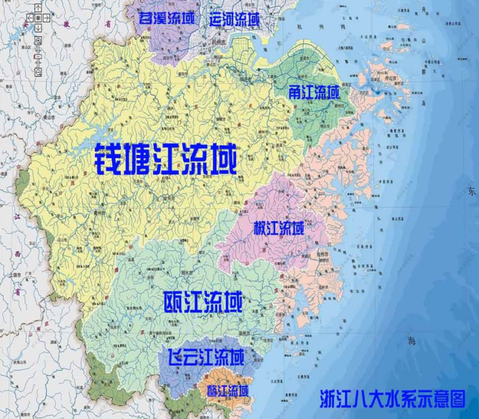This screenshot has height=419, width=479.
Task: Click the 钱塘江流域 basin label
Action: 166,159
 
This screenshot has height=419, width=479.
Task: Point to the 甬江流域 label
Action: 314,93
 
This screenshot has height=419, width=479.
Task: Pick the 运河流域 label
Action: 234,19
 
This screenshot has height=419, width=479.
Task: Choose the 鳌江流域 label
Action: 227,391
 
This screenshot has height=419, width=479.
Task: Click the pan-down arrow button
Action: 38,28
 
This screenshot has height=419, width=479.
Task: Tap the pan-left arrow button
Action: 30,18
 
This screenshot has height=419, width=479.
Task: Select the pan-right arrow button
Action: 45,18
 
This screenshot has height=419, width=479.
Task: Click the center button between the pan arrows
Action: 38,18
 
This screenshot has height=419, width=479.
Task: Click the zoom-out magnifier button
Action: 38,71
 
